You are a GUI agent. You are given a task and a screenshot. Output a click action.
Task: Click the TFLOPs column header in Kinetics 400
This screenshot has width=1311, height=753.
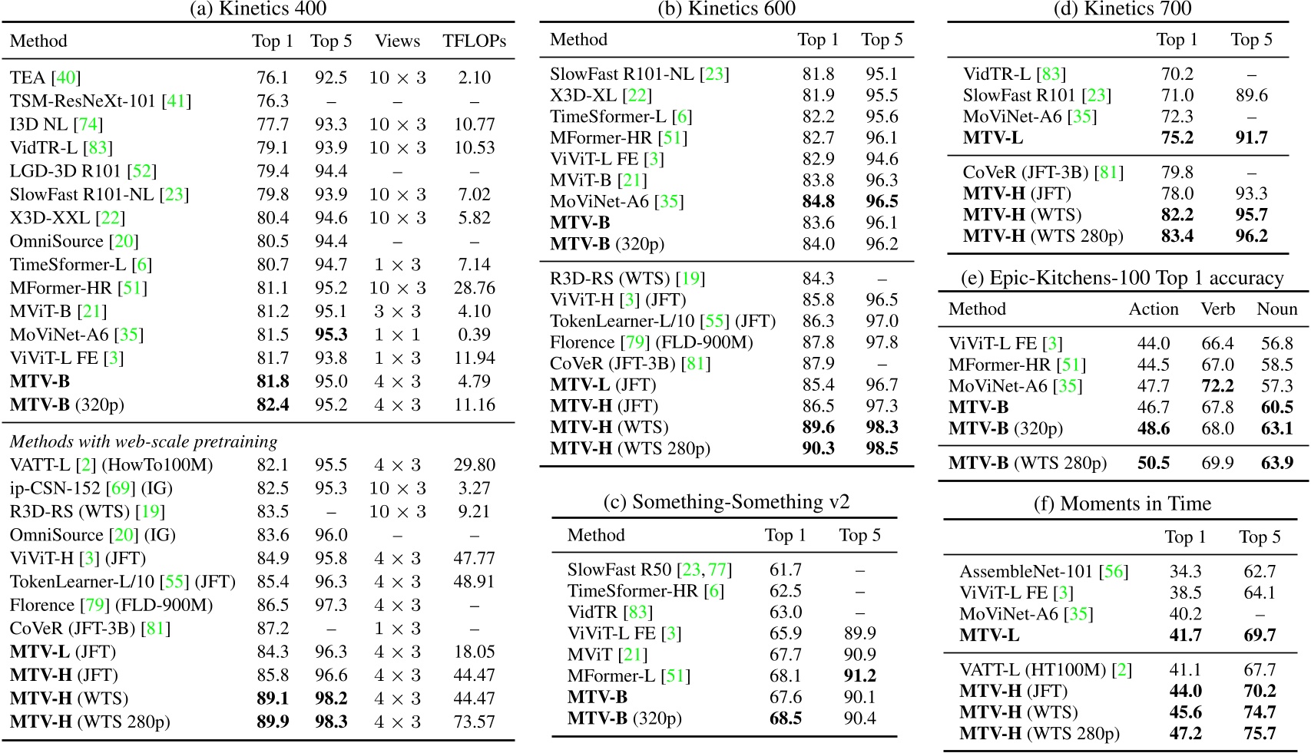tap(474, 41)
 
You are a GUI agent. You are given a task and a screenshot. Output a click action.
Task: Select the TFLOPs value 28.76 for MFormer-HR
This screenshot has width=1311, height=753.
tap(474, 288)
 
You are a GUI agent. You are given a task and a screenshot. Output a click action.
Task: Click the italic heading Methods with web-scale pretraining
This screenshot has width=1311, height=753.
tap(144, 441)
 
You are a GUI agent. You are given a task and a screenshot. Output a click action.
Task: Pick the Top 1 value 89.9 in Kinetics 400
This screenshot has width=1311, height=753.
tap(273, 722)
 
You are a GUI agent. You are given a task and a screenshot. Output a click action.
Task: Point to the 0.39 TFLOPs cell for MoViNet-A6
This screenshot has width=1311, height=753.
tap(474, 335)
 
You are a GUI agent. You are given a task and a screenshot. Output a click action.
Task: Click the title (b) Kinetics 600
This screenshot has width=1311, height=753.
tap(727, 8)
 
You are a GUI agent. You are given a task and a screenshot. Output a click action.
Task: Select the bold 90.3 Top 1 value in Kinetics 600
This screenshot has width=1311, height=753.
tap(818, 448)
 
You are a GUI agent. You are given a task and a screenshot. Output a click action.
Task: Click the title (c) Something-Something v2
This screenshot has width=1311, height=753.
tap(726, 502)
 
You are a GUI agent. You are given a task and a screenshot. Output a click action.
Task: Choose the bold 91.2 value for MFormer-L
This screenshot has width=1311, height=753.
tap(859, 675)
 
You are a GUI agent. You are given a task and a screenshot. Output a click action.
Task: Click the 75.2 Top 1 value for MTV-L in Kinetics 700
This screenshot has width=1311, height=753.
tap(1177, 137)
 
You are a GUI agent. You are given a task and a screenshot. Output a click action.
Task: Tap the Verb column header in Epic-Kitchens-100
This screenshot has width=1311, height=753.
tap(1217, 309)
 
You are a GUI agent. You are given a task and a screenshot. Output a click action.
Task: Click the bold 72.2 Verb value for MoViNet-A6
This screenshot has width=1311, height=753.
tap(1217, 386)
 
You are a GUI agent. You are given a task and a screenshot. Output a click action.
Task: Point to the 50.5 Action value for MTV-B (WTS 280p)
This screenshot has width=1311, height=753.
tap(1154, 463)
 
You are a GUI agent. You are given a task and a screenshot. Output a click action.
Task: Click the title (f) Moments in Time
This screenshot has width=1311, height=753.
tap(1122, 504)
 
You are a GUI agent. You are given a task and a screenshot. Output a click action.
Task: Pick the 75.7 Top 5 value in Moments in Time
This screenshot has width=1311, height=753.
tap(1260, 733)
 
